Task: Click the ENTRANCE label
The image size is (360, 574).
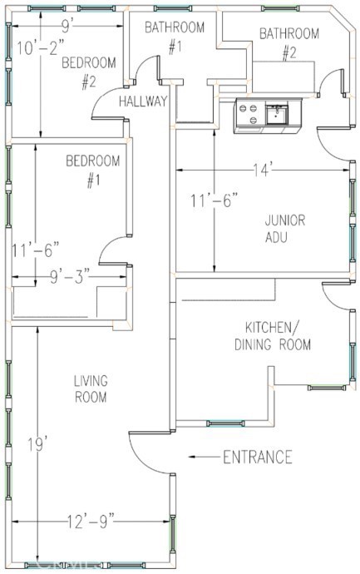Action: [258, 458]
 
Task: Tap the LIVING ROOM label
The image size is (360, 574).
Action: [91, 388]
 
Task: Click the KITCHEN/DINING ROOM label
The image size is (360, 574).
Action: [272, 336]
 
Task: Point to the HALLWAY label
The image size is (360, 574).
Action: [143, 101]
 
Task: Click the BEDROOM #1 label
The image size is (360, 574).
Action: [93, 171]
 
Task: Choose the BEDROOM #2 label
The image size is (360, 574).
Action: [88, 72]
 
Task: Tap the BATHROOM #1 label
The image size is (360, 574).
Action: [175, 37]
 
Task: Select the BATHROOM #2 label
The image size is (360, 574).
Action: [289, 43]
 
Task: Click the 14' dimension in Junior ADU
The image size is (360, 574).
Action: [262, 170]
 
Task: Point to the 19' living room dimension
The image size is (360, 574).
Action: [38, 445]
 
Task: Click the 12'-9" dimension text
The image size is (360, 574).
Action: [91, 522]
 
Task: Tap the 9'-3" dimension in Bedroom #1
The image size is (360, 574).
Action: [70, 277]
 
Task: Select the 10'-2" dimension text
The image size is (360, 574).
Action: [40, 48]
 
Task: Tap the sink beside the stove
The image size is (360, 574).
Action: [277, 113]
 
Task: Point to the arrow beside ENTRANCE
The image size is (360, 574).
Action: [204, 457]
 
